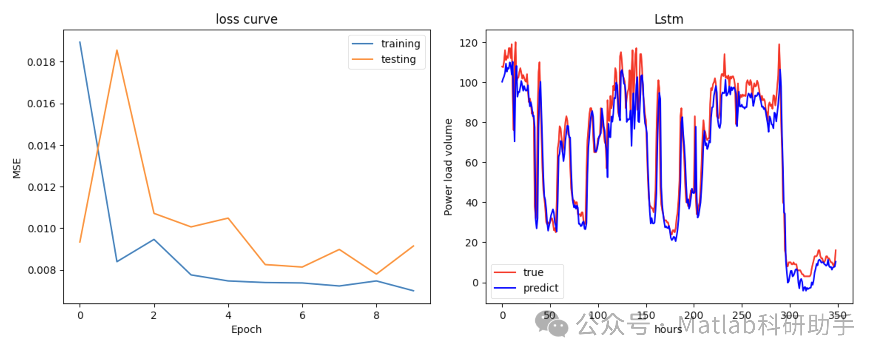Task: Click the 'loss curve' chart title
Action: click(246, 19)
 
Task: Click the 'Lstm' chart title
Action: click(668, 19)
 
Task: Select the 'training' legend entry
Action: click(400, 44)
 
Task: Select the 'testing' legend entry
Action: click(398, 59)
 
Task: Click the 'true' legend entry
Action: click(533, 272)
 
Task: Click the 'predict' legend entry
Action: click(540, 288)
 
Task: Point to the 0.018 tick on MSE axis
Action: click(41, 62)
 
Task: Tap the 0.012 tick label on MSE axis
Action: click(41, 187)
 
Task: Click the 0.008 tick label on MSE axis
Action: click(41, 270)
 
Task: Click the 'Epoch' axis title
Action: click(246, 329)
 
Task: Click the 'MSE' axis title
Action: click(17, 168)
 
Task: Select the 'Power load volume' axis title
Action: click(448, 167)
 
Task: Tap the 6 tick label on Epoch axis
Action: click(302, 315)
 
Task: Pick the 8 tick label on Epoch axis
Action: click(376, 315)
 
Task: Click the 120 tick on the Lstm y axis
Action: click(468, 43)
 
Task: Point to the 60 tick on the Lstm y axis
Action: click(471, 163)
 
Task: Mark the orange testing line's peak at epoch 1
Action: click(117, 50)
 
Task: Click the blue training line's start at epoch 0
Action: click(80, 42)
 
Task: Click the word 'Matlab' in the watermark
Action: click(717, 324)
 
